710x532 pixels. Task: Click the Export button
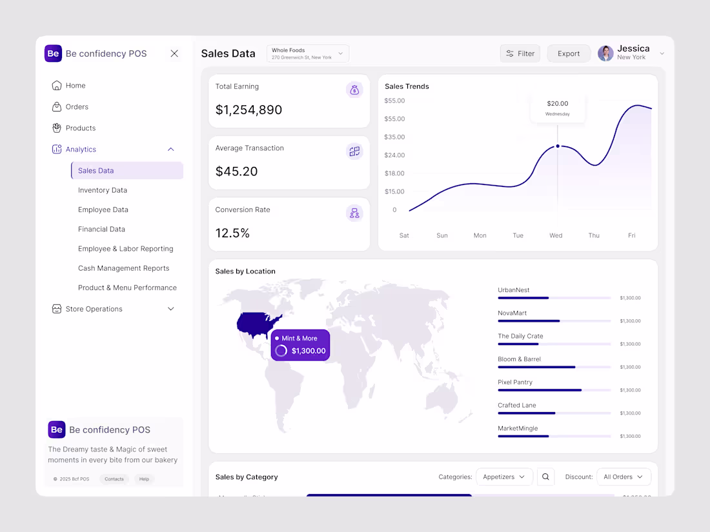pyautogui.click(x=569, y=54)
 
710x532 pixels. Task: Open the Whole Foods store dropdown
pyautogui.click(x=307, y=54)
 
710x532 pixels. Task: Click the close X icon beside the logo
pyautogui.click(x=174, y=54)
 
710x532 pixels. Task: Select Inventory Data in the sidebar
pyautogui.click(x=103, y=190)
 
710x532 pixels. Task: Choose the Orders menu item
pyautogui.click(x=77, y=107)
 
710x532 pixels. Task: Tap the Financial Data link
pyautogui.click(x=101, y=229)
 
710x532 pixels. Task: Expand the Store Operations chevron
pyautogui.click(x=171, y=309)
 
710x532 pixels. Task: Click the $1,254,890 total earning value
pyautogui.click(x=249, y=110)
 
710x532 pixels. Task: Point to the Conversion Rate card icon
pyautogui.click(x=354, y=213)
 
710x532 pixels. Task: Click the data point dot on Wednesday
pyautogui.click(x=558, y=146)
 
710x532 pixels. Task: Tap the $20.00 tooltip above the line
pyautogui.click(x=558, y=108)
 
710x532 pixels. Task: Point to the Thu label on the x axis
pyautogui.click(x=594, y=235)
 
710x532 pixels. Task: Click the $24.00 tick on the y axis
pyautogui.click(x=394, y=155)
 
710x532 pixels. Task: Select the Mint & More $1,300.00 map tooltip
pyautogui.click(x=300, y=345)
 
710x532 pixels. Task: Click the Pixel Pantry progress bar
pyautogui.click(x=554, y=390)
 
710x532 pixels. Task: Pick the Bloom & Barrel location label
pyautogui.click(x=519, y=359)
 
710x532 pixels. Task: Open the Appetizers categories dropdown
pyautogui.click(x=504, y=477)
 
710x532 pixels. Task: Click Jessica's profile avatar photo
pyautogui.click(x=605, y=54)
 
